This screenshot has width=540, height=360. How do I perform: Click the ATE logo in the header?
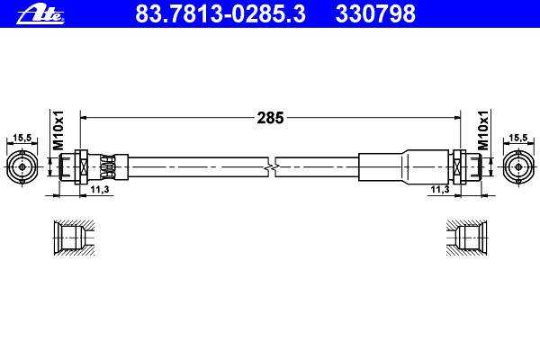[40, 15]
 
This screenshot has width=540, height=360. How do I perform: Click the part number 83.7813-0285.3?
[220, 13]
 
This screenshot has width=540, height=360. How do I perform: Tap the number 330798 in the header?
[375, 13]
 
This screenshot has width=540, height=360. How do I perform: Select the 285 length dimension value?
[270, 118]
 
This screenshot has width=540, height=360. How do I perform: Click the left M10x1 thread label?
[58, 130]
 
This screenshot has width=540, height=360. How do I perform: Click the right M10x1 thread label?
[483, 130]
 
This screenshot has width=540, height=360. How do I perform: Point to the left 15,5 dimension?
[22, 138]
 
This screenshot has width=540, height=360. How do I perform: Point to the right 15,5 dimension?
[518, 138]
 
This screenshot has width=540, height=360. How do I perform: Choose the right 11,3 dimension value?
[440, 189]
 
